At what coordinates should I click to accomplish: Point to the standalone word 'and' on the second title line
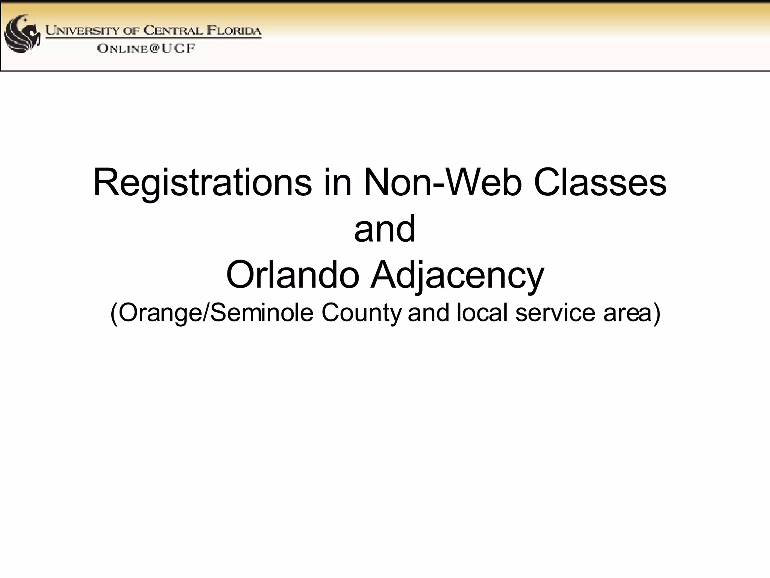385,229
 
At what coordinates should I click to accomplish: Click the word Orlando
293,275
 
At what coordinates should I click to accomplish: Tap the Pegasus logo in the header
22,34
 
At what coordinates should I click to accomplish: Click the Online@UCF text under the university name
146,49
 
